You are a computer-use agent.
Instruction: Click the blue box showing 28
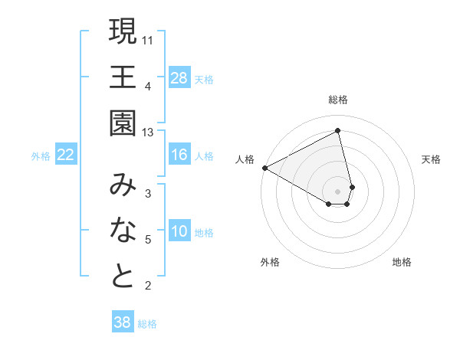click(179, 77)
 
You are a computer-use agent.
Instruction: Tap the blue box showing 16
click(179, 155)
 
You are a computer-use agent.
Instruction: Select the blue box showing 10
click(179, 232)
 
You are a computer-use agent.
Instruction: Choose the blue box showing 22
click(66, 155)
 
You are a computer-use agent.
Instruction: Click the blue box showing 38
click(122, 322)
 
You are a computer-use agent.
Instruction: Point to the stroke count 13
click(148, 133)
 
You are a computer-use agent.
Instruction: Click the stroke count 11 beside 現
click(148, 39)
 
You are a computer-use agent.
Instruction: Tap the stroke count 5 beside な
click(148, 241)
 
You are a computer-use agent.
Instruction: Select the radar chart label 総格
click(338, 100)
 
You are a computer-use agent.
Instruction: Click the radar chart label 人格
click(245, 159)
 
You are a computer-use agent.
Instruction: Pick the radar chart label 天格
click(431, 159)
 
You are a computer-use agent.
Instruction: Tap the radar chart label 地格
click(402, 263)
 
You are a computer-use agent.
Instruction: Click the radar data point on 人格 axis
click(264, 167)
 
